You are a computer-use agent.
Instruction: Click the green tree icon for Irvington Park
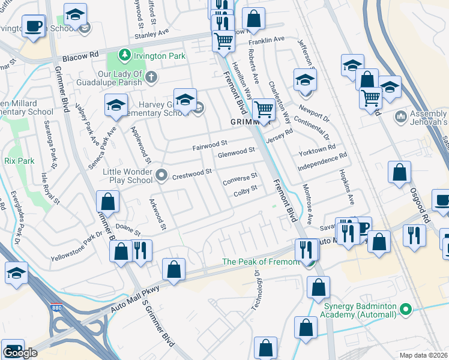tap(125, 56)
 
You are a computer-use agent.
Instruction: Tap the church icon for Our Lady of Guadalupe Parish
tap(151, 77)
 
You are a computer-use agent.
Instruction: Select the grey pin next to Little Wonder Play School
tap(161, 176)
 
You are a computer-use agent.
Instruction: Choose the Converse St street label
tap(240, 178)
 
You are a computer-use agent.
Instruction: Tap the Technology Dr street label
tap(255, 287)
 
